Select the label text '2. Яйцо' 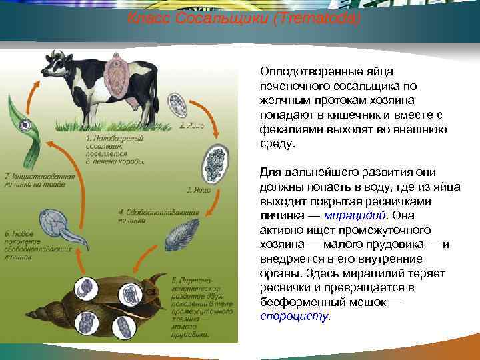click(x=191, y=126)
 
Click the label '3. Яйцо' click(x=199, y=189)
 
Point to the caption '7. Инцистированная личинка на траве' click(x=30, y=179)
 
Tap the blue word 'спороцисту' click(x=294, y=317)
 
